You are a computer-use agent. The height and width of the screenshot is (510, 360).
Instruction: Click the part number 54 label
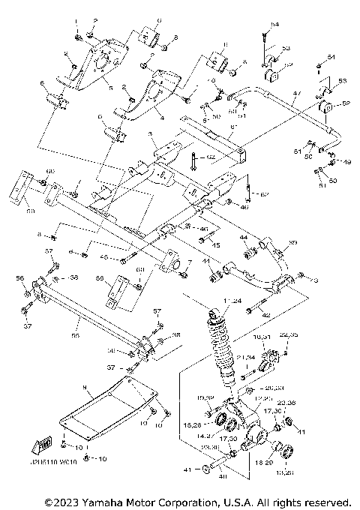tap(274, 25)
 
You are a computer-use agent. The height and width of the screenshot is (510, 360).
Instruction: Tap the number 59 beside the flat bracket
tap(31, 212)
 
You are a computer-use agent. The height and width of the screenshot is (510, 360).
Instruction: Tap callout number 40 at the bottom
tap(222, 475)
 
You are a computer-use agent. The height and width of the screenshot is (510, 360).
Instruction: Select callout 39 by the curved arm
tap(293, 243)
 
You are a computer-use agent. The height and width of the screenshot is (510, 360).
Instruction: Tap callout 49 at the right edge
tap(347, 161)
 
